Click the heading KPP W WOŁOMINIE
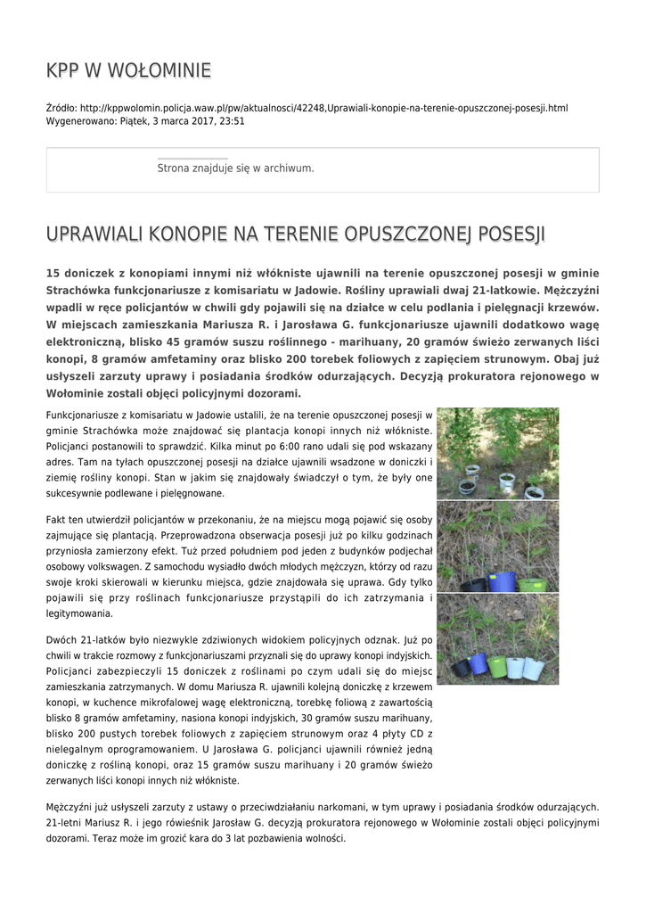[x=128, y=70]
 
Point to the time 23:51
[x=232, y=120]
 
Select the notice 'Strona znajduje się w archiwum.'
[x=235, y=168]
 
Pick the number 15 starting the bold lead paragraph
[x=53, y=273]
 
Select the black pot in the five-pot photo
[x=460, y=667]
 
